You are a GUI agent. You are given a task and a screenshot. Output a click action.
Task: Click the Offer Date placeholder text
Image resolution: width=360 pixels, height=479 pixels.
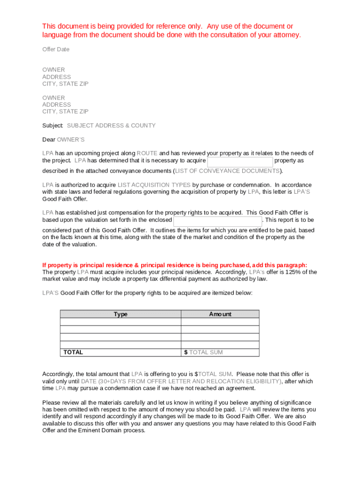[56, 49]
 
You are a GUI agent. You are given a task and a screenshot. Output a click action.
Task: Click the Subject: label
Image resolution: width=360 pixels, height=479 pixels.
[53, 125]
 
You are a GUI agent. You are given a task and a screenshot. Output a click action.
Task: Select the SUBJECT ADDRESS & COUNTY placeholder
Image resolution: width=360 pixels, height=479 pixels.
[111, 125]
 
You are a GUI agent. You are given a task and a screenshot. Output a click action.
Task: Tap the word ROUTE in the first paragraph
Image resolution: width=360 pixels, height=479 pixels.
[147, 153]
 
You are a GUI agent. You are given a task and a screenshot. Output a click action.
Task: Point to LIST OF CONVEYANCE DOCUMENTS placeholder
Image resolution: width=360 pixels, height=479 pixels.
[228, 171]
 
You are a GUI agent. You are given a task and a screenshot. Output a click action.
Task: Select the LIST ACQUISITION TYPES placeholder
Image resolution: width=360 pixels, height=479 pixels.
[154, 185]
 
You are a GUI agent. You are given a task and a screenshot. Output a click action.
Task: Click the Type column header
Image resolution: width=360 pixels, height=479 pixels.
[121, 314]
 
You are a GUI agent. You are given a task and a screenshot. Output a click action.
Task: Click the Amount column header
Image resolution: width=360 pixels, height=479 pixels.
[220, 314]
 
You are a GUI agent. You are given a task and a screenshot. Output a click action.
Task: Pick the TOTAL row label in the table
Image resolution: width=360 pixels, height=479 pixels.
[73, 352]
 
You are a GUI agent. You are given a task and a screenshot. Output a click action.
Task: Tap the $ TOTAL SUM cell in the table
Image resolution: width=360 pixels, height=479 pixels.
[203, 352]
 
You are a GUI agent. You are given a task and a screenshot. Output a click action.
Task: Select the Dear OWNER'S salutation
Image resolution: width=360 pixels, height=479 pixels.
[63, 139]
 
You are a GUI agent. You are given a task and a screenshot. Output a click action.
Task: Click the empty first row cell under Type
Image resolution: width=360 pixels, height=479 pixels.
[121, 322]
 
